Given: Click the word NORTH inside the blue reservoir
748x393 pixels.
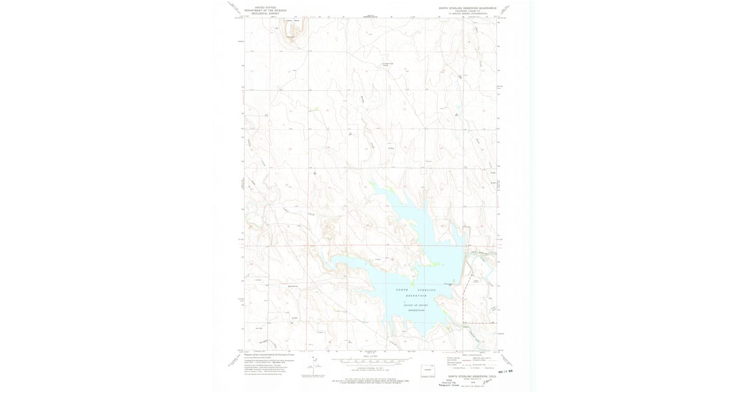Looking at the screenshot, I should click(403, 291).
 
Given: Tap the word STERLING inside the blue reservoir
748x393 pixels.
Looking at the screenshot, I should click(427, 291).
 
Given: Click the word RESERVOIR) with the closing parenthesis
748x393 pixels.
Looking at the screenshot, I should click(417, 309).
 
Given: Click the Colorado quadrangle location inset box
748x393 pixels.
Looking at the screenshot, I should click(429, 371).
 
